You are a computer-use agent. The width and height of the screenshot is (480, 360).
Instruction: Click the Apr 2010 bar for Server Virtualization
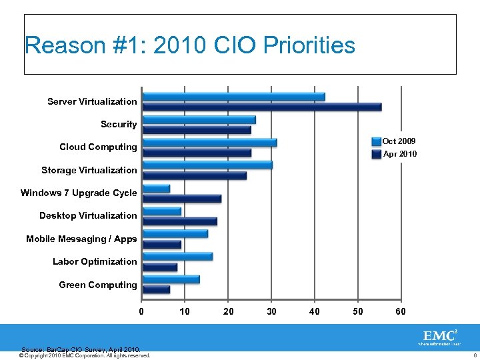(x=262, y=107)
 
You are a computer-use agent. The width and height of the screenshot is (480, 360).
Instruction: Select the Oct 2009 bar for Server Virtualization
(x=234, y=97)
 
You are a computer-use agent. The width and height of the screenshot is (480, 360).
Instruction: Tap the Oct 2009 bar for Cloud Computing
(x=210, y=143)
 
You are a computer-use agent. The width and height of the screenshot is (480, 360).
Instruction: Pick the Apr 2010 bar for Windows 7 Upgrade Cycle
(x=182, y=199)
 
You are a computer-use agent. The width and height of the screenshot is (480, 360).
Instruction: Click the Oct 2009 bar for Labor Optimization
(x=178, y=257)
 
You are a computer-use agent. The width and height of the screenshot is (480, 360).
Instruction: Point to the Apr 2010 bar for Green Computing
(x=157, y=290)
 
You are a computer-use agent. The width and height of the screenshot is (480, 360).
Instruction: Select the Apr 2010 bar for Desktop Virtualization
(x=180, y=221)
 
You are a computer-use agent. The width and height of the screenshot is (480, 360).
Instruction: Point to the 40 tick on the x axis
(x=315, y=311)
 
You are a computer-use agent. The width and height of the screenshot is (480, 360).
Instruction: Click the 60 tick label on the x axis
(x=400, y=311)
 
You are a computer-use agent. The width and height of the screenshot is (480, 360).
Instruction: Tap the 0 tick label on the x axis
(x=141, y=311)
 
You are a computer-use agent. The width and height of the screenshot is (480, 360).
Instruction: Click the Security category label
(x=119, y=124)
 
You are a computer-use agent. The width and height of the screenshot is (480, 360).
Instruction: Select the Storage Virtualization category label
(x=89, y=170)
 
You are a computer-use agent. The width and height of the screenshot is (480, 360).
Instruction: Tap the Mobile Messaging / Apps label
(x=81, y=239)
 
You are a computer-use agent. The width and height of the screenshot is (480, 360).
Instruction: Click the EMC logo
(x=439, y=336)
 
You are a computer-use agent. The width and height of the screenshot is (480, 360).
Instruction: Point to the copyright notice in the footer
(x=85, y=355)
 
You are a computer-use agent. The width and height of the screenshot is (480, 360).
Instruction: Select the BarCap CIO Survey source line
(x=81, y=349)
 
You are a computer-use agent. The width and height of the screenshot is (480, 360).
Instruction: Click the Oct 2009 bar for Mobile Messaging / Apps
(x=175, y=233)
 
